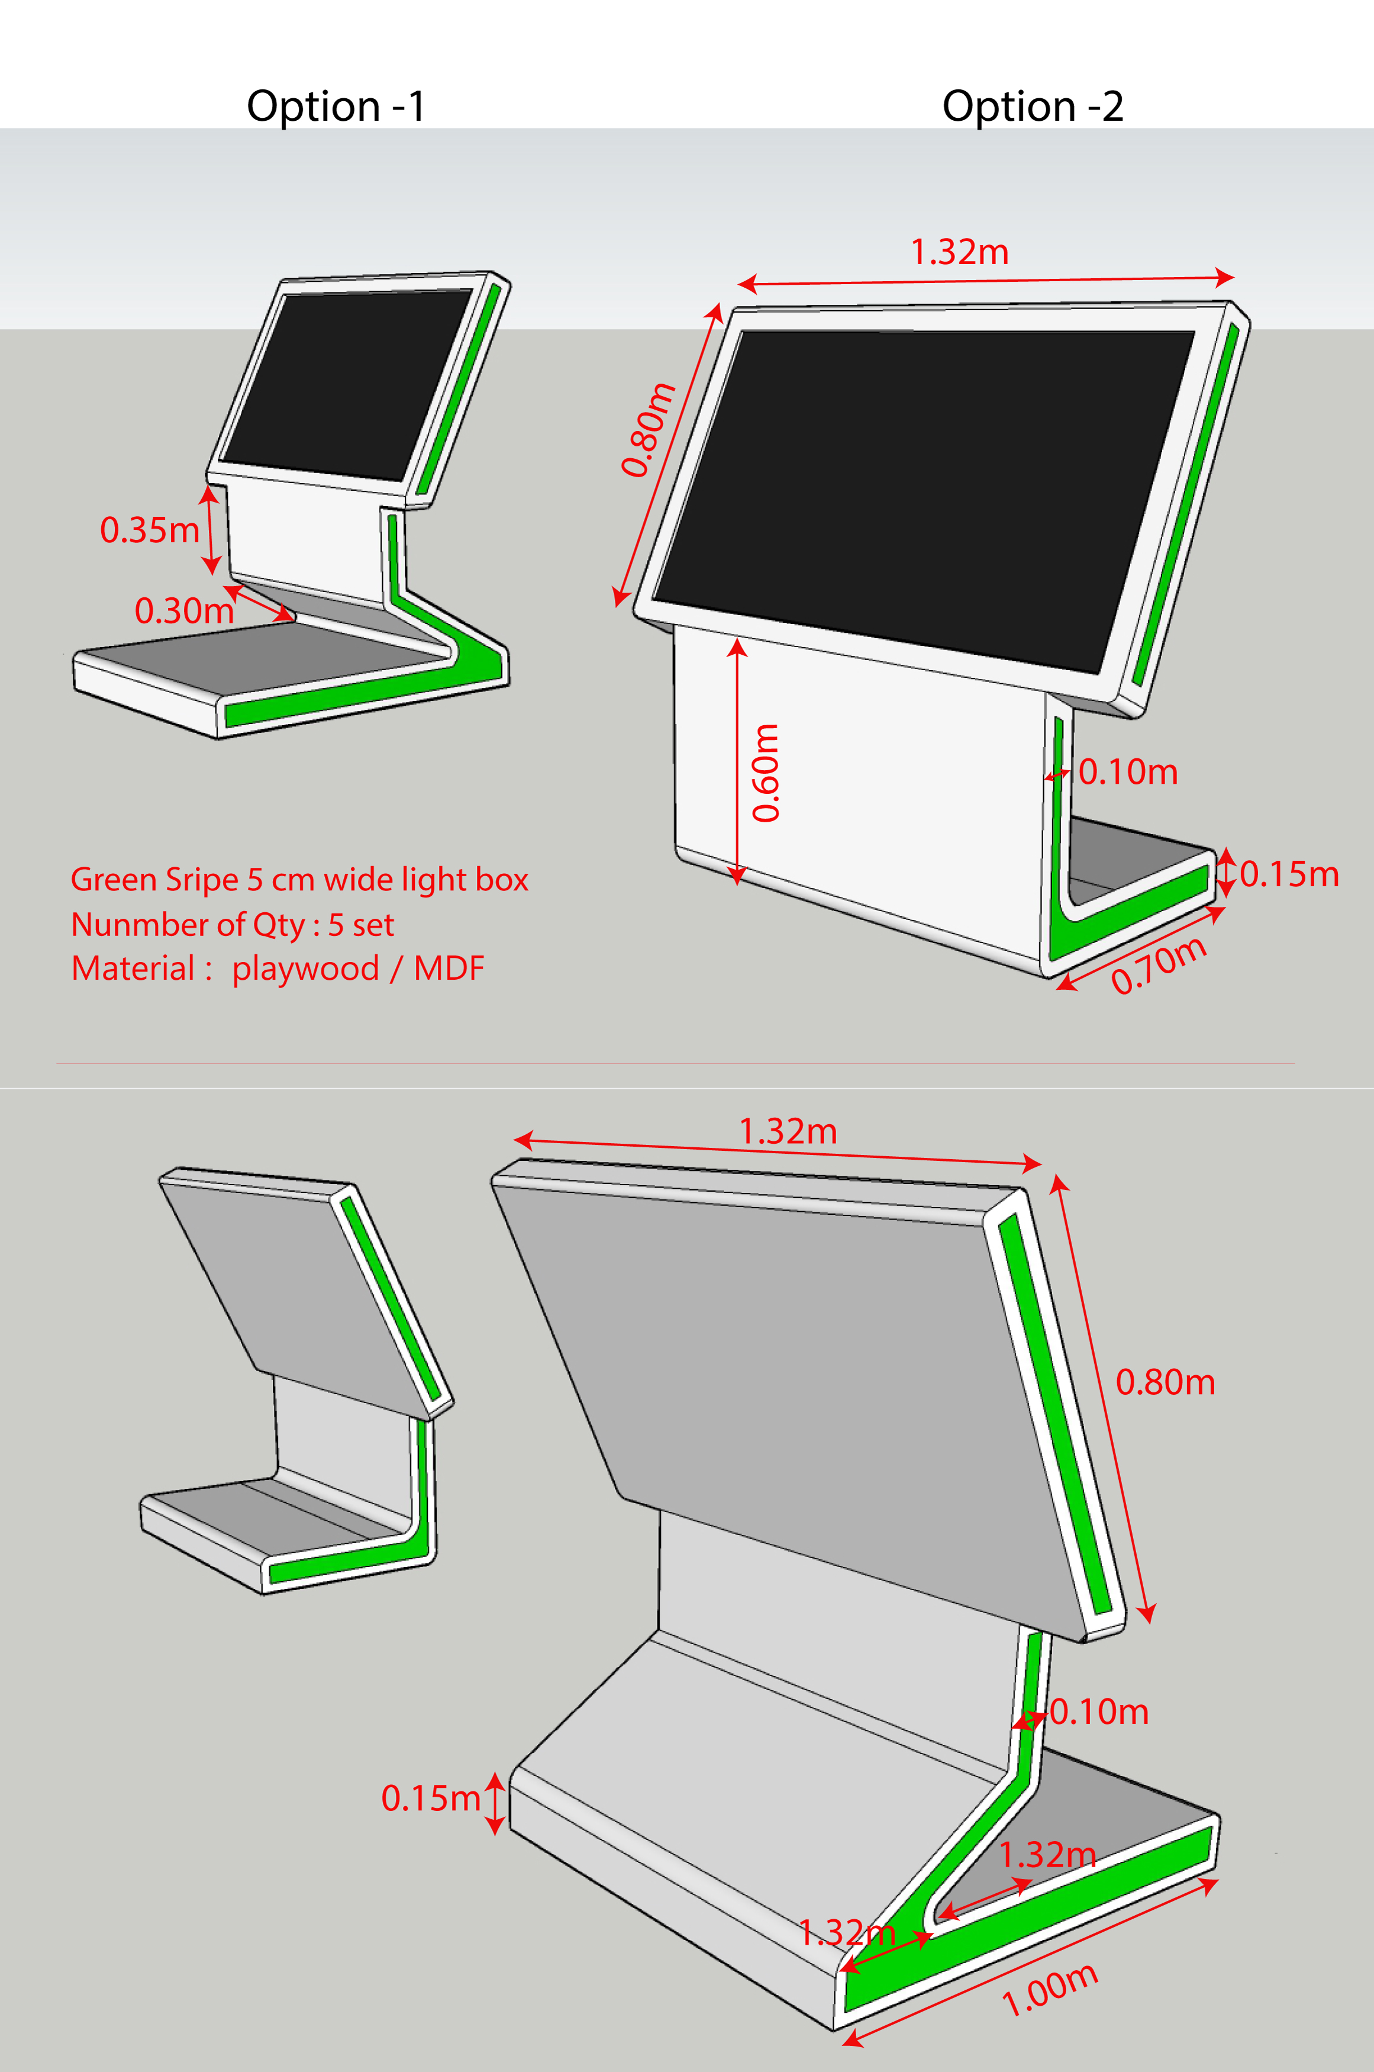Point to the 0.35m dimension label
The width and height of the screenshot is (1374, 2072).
[x=150, y=529]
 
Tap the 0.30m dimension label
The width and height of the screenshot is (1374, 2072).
[x=184, y=610]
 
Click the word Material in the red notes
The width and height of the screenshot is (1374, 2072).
[x=133, y=968]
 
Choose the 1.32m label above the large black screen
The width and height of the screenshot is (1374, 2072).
[x=960, y=252]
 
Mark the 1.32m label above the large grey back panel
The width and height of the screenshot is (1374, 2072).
[x=788, y=1131]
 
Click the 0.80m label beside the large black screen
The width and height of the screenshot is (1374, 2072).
[x=649, y=429]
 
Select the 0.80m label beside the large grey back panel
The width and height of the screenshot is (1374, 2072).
[x=1166, y=1382]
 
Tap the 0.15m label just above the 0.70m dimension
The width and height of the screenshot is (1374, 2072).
[x=1289, y=874]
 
